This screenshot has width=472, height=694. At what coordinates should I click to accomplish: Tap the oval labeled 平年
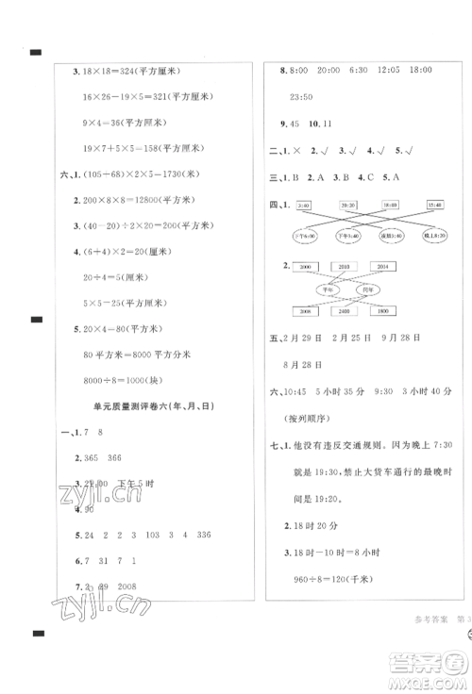click(330, 289)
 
